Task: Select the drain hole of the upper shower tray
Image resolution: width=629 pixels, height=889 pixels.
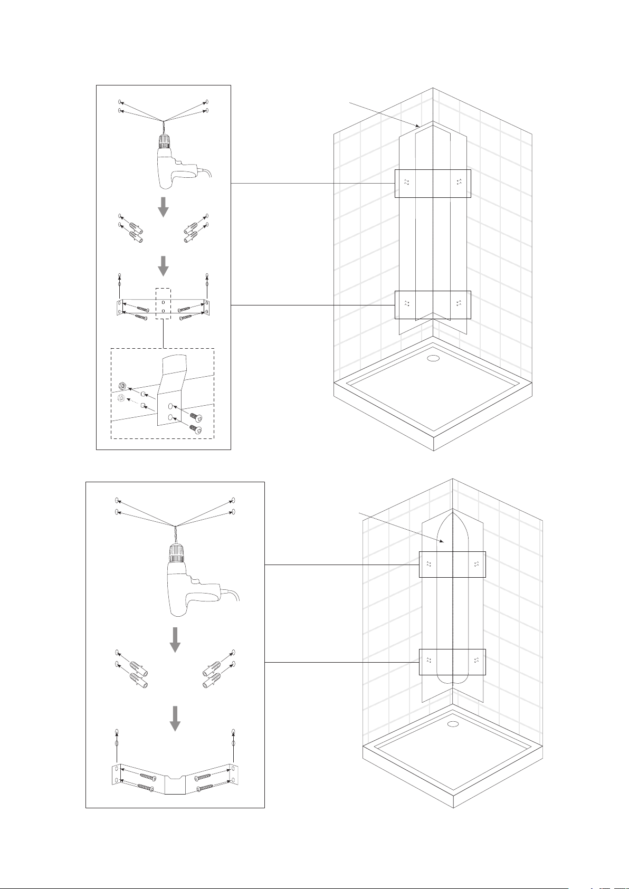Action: point(433,358)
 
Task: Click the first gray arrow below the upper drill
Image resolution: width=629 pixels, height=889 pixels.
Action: point(164,207)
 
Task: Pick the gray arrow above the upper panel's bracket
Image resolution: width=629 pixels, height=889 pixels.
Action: point(164,266)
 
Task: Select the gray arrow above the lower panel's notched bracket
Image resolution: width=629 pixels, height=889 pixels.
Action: point(175,718)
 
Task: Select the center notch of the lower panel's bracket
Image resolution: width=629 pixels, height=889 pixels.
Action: point(174,778)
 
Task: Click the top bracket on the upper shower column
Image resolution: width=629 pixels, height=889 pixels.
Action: point(433,183)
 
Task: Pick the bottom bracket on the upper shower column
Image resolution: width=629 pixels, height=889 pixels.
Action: point(433,305)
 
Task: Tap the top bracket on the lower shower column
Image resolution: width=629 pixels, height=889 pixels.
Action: point(452,564)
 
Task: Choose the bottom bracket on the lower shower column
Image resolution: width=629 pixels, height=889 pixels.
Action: point(452,662)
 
